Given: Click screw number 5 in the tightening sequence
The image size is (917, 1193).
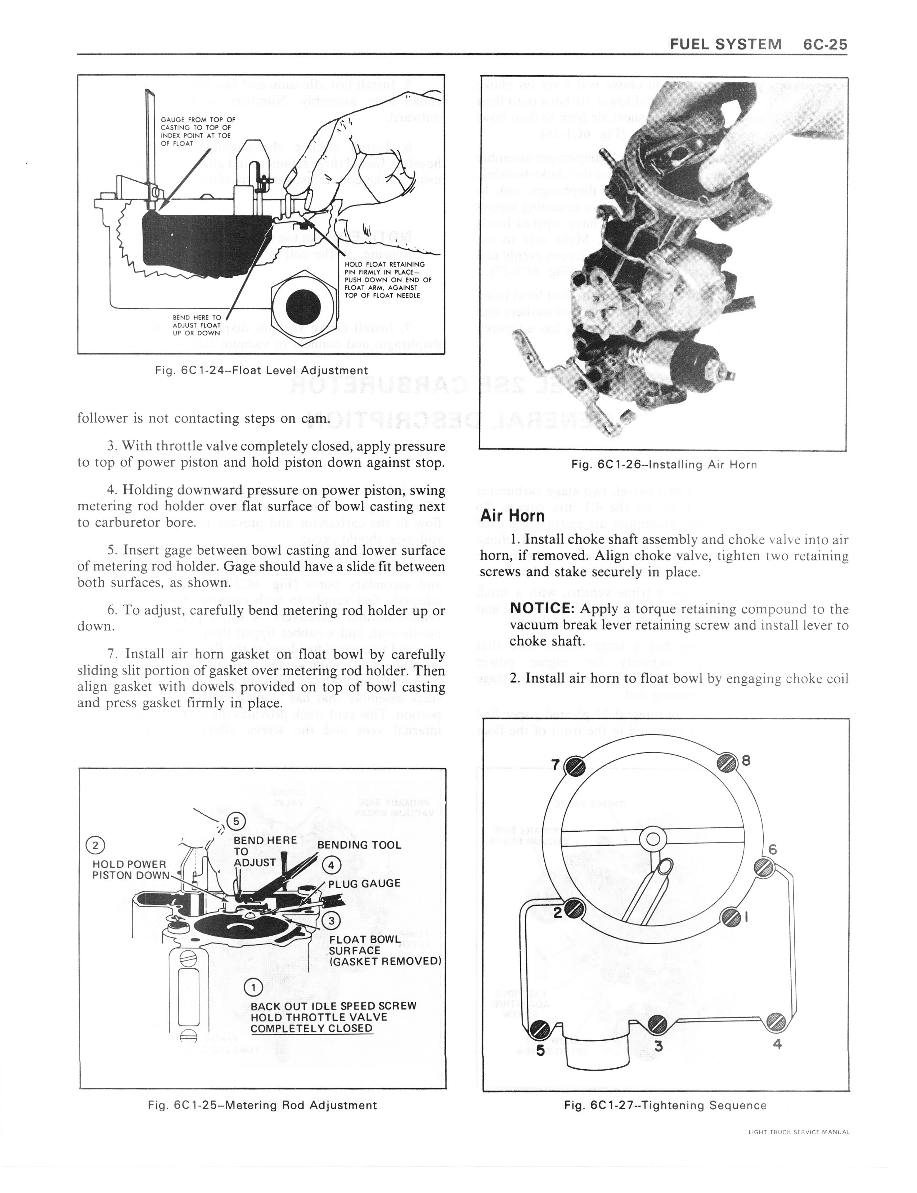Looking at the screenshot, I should click(x=539, y=1029).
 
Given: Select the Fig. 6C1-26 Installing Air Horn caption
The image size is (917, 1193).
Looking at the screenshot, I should click(x=664, y=465).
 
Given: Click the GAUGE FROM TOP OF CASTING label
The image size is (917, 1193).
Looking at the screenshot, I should click(x=198, y=131).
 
